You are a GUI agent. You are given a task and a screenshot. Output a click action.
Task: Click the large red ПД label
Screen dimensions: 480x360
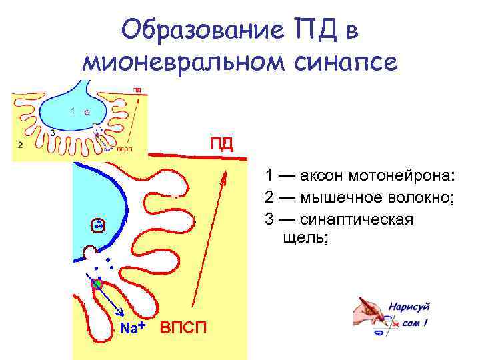point(221,145)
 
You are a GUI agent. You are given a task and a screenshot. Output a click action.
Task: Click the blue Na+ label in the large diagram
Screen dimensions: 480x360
point(133,327)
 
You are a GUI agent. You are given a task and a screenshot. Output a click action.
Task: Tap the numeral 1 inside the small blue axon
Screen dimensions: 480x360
point(72,111)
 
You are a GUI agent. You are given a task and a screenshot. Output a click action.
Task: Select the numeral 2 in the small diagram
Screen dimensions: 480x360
point(20,144)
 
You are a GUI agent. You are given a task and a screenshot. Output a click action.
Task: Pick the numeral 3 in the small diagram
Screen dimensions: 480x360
point(52,132)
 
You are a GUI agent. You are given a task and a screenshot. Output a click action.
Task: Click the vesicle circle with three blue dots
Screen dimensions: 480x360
point(98,225)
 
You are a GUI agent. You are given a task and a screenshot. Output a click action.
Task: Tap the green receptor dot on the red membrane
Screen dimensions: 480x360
point(97,284)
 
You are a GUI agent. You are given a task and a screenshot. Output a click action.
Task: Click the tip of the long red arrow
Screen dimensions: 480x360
point(225,173)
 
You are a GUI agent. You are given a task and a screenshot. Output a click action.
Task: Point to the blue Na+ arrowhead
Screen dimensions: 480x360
point(121,315)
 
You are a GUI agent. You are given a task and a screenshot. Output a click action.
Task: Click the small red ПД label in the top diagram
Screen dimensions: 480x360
point(137,89)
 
